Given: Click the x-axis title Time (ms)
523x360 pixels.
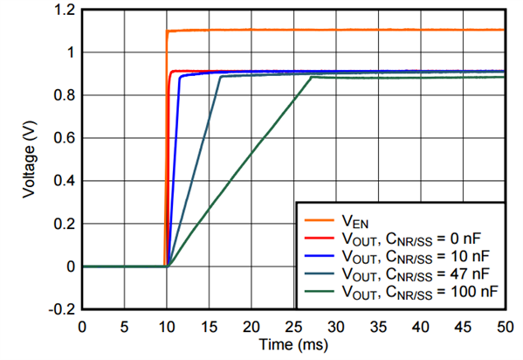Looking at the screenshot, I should click(292, 347).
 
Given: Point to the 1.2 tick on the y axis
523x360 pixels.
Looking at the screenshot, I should click(65, 10).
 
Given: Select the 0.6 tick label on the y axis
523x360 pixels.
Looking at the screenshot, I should click(65, 138).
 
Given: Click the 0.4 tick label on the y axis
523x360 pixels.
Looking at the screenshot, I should click(65, 181).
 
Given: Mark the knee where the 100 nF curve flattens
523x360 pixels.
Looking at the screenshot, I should click(311, 78).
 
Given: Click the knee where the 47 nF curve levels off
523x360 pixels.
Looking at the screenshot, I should click(220, 77).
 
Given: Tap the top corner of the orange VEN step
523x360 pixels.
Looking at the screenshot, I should click(168, 31).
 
